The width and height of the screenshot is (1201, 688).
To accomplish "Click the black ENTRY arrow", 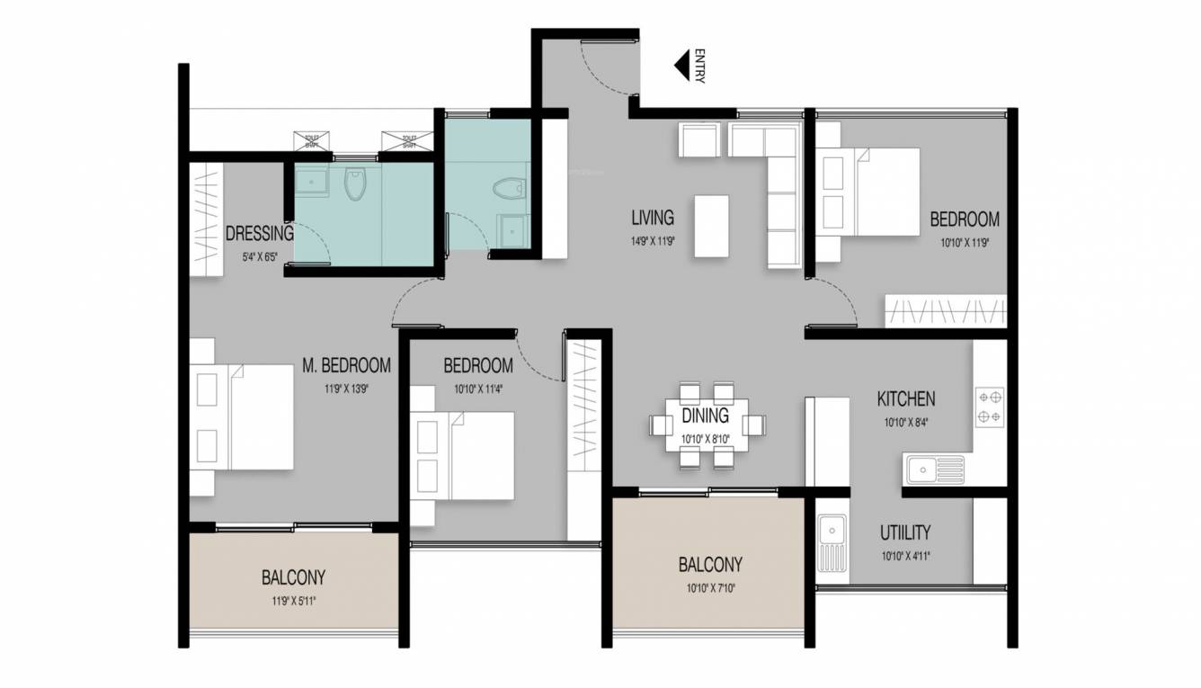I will [x=682, y=66].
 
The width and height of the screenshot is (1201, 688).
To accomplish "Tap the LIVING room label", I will [x=652, y=218].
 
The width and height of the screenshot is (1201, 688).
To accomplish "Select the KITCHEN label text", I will [x=906, y=398].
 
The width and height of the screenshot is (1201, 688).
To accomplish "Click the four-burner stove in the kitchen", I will [x=990, y=407].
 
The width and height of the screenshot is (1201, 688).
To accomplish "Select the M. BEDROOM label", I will [x=346, y=365].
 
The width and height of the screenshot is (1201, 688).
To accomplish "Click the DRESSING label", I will [x=259, y=235].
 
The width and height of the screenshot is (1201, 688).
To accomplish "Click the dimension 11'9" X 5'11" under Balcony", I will [x=293, y=601].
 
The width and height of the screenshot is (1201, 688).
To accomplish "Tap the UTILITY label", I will [x=905, y=532].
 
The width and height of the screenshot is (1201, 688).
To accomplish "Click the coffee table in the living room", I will [x=712, y=226].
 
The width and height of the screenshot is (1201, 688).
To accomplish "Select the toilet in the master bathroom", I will [x=356, y=183].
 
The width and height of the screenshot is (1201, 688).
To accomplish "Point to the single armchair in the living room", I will [x=699, y=140].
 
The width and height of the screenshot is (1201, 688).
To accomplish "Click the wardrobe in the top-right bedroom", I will [x=945, y=311].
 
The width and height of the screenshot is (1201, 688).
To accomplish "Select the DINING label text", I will [x=705, y=416].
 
